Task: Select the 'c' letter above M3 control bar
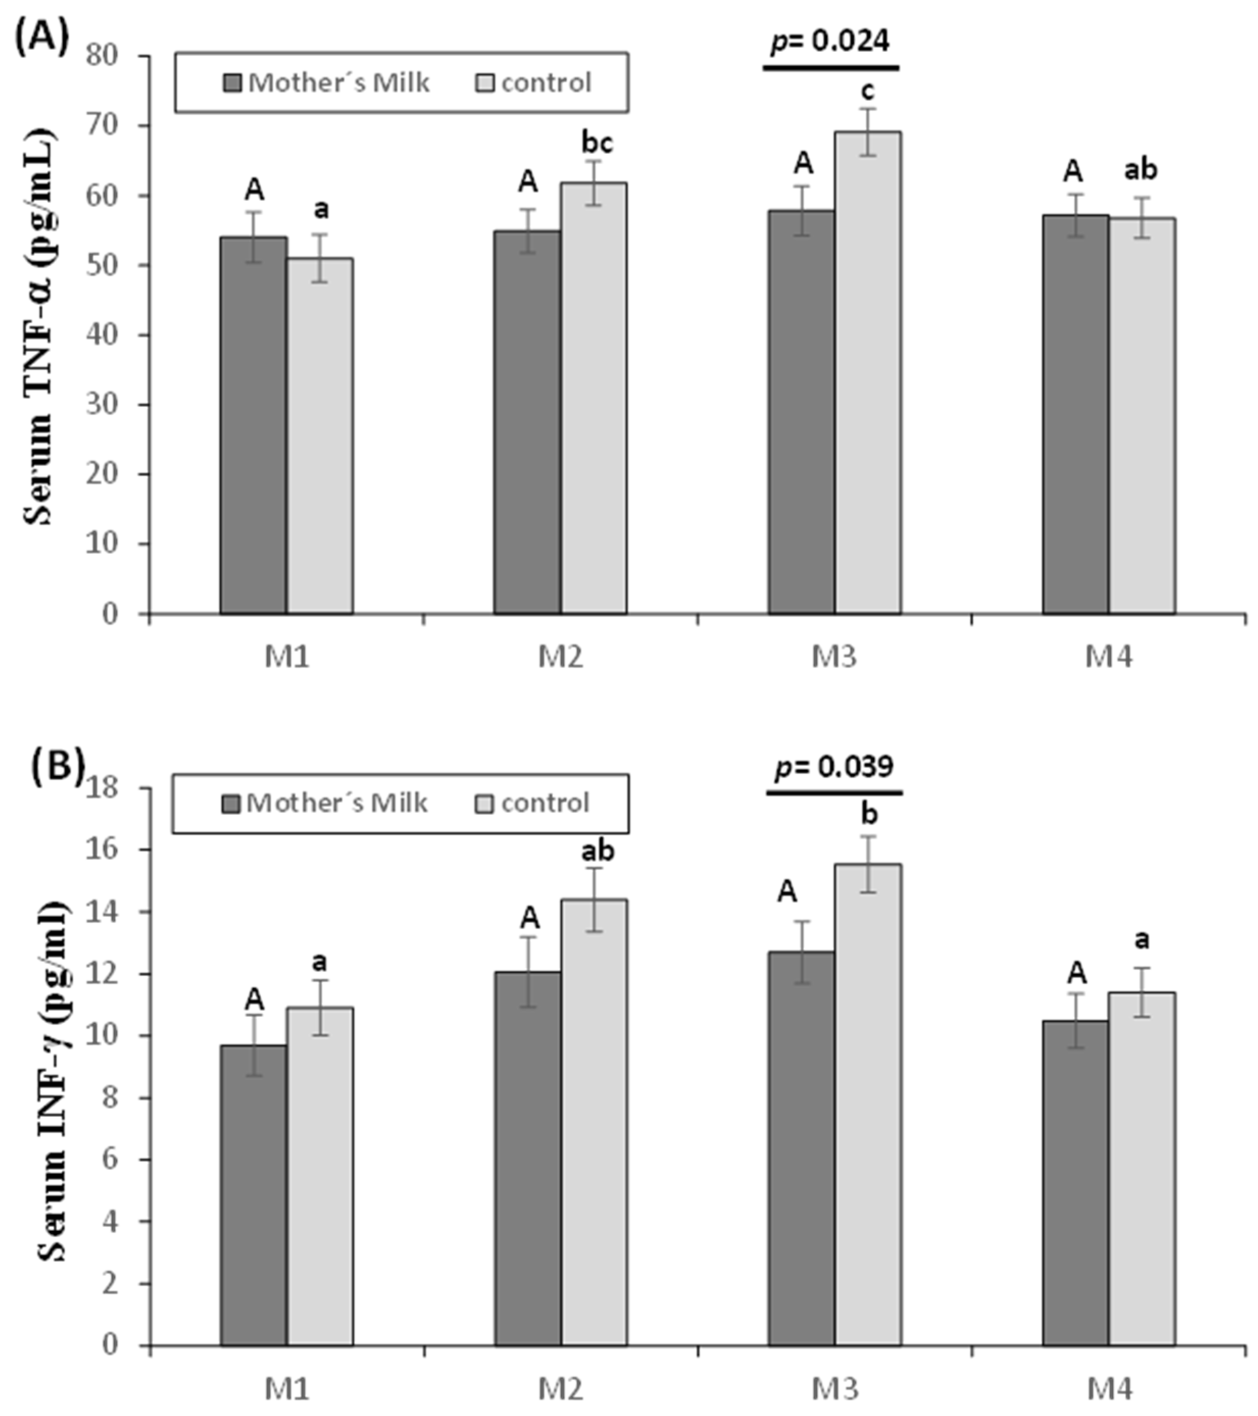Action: [867, 90]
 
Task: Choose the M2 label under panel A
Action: [560, 655]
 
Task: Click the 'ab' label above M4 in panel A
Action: [1140, 170]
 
